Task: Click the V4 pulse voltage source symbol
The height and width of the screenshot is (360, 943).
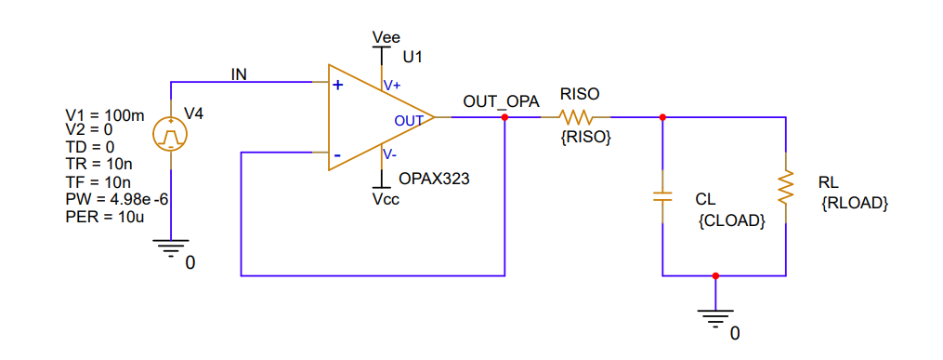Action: coord(171,136)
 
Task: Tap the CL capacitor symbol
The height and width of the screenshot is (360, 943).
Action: coord(661,197)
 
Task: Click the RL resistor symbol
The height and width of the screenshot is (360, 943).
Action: coord(787,187)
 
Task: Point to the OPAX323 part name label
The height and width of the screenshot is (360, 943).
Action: coord(434,179)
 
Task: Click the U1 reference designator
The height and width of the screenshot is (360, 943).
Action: coord(413,58)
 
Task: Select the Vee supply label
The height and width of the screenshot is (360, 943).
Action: coord(385,37)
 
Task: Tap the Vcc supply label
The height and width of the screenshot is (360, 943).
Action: coord(386,198)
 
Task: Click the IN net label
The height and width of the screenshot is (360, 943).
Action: coord(239,74)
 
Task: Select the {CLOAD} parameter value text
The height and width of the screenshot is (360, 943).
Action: coord(730,221)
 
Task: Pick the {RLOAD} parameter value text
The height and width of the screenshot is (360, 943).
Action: coord(855,203)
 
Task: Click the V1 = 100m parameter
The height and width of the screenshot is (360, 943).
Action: coord(105,116)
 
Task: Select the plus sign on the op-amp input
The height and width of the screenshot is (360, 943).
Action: coord(338,85)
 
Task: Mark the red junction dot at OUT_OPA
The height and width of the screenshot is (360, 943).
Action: coord(504,118)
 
